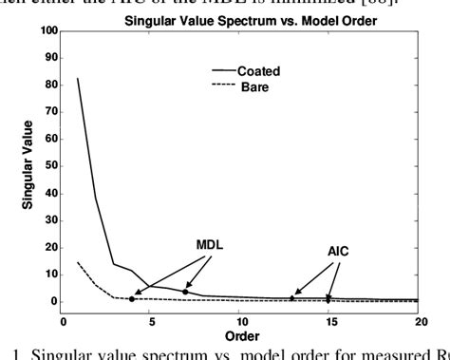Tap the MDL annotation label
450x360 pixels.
click(182, 244)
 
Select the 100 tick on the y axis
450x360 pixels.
click(48, 31)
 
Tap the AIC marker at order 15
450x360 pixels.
click(328, 300)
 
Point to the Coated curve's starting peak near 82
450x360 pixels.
click(78, 79)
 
